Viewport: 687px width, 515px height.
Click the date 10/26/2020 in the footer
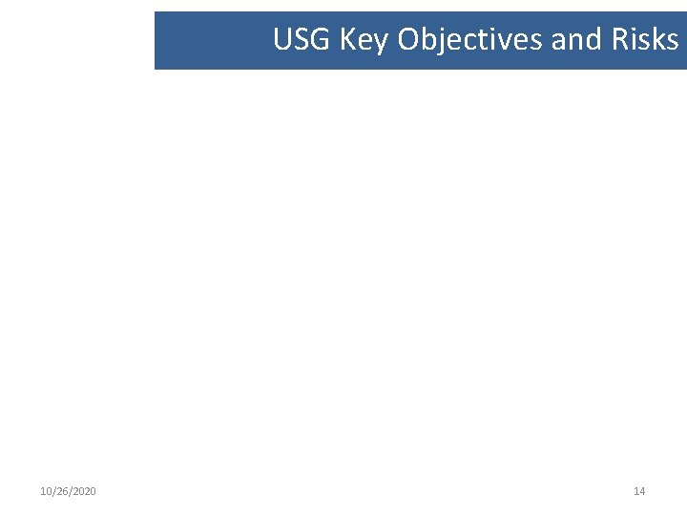[x=68, y=491]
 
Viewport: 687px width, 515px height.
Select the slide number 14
[x=639, y=491]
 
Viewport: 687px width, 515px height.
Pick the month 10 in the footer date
[x=46, y=491]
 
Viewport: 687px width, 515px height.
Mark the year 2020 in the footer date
[x=84, y=491]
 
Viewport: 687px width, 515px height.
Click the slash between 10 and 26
[x=53, y=491]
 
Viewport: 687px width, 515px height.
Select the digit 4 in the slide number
[x=642, y=491]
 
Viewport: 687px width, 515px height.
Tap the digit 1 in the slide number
[x=636, y=491]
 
